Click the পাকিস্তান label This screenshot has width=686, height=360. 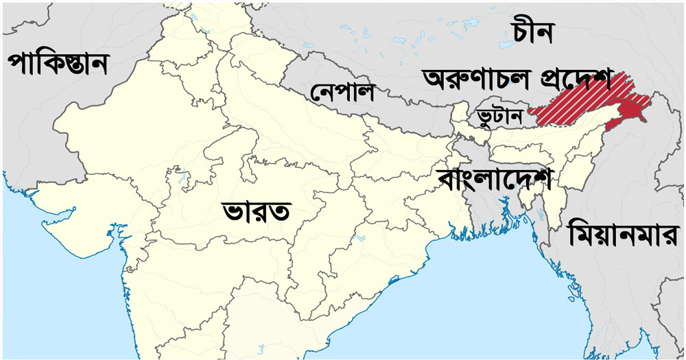pos(58,64)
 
